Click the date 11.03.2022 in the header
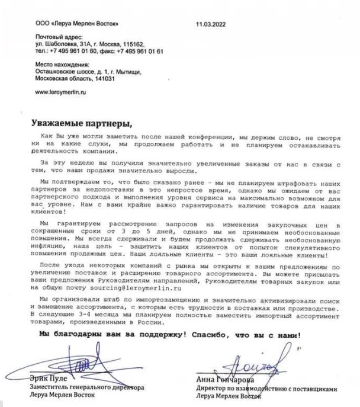click(x=211, y=24)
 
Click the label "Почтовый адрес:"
click(x=57, y=37)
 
